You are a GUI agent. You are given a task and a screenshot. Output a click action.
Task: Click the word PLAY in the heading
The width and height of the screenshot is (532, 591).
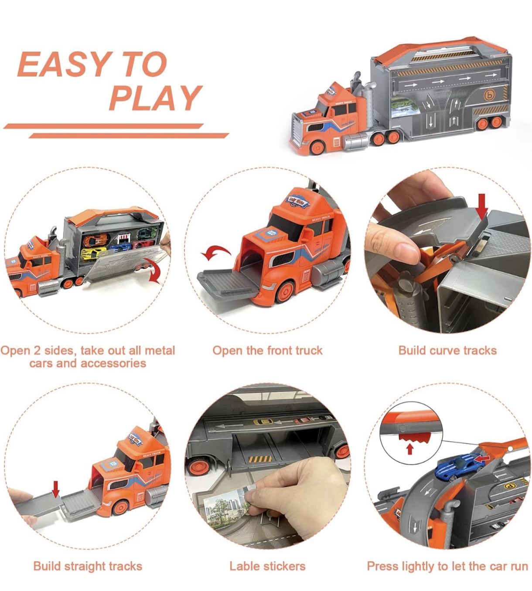[156, 98]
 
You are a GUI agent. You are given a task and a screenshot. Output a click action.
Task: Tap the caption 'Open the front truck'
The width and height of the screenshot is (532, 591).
[267, 351]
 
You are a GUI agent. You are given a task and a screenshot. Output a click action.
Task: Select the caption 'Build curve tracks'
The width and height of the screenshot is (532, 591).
[447, 351]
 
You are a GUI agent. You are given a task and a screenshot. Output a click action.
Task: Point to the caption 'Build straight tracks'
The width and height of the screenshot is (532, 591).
[88, 566]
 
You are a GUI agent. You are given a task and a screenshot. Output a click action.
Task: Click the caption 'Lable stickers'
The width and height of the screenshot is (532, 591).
[267, 566]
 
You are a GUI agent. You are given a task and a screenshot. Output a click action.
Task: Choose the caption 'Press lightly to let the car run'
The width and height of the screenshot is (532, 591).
[447, 566]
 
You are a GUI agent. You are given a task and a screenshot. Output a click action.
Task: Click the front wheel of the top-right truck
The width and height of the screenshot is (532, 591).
[317, 147]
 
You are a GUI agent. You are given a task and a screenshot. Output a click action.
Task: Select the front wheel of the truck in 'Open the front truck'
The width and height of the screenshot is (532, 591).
[285, 292]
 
